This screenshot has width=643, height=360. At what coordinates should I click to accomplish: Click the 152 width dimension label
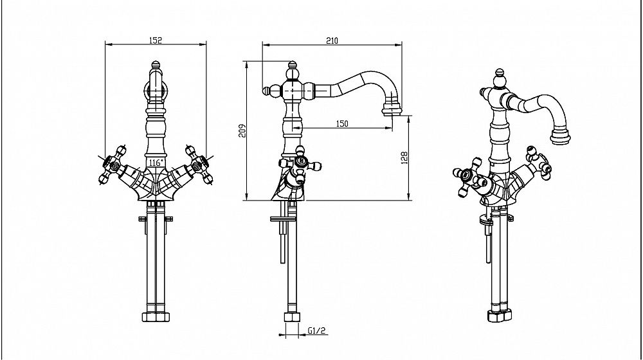point(155,40)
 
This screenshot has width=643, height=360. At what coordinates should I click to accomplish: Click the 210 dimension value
point(332,40)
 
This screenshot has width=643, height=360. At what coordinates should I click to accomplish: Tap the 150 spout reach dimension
point(342,123)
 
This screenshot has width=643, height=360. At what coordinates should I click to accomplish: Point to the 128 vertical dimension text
point(404,157)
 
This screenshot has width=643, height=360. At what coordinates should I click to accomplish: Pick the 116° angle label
point(154,163)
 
